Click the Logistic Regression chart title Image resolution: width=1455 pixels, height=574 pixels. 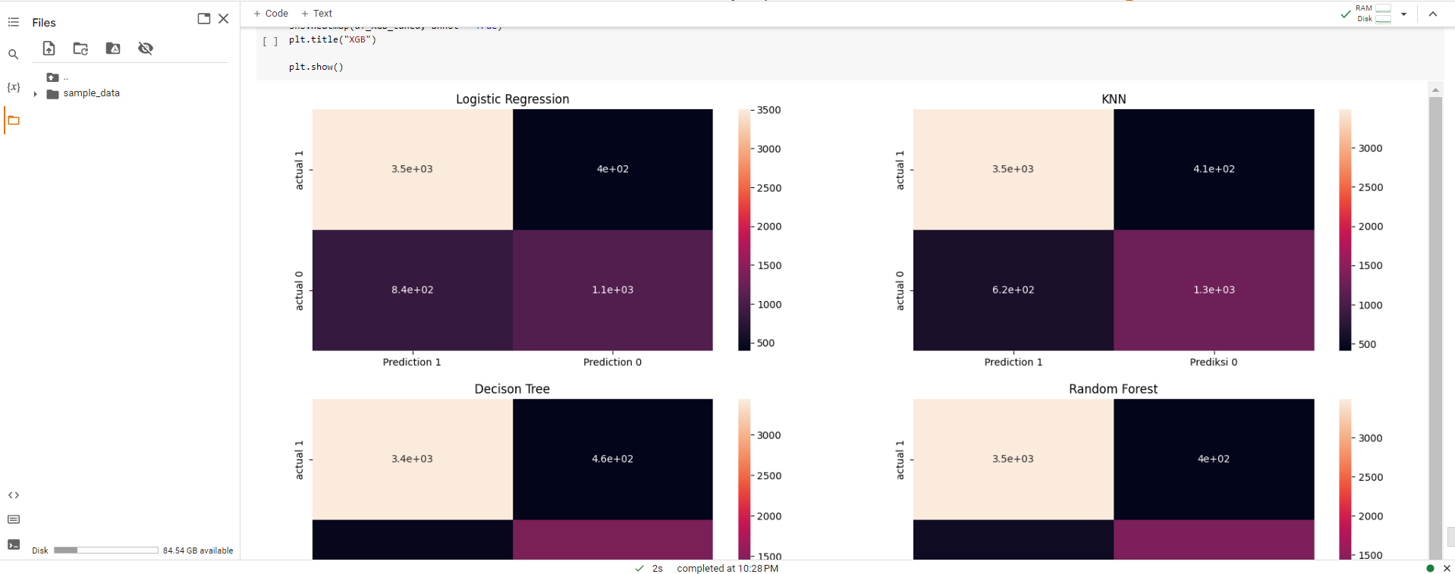(512, 99)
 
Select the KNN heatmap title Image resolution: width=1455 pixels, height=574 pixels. (1113, 99)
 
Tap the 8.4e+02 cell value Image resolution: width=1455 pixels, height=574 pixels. (412, 290)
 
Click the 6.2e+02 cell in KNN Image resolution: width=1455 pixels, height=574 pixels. (1013, 290)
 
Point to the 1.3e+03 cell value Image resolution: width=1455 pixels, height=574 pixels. (1214, 290)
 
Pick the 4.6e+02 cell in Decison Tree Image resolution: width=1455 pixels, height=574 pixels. (612, 459)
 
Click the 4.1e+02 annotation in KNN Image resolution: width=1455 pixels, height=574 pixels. (1214, 169)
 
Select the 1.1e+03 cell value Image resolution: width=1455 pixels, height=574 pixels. (612, 290)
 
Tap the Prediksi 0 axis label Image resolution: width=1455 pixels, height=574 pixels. (1213, 362)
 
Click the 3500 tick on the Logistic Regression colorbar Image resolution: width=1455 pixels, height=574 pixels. (768, 110)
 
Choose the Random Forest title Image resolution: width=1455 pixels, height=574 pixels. (1113, 389)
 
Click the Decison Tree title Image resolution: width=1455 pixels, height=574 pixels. (512, 389)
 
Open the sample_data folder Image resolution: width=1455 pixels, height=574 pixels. (91, 93)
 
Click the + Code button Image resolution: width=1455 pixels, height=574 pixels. (271, 14)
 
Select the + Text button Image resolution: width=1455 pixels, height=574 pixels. (317, 14)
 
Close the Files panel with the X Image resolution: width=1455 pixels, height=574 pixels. (223, 19)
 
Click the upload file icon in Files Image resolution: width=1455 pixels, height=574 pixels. (49, 49)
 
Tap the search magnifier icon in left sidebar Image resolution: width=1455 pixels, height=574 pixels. (13, 55)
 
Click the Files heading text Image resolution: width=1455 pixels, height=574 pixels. (44, 23)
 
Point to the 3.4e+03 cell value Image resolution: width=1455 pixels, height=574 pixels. (412, 459)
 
